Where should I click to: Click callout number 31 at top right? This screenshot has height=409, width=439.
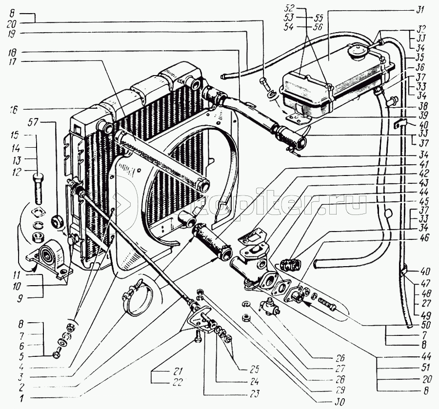coord(420,9)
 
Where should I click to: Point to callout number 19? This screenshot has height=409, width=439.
coord(13,34)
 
